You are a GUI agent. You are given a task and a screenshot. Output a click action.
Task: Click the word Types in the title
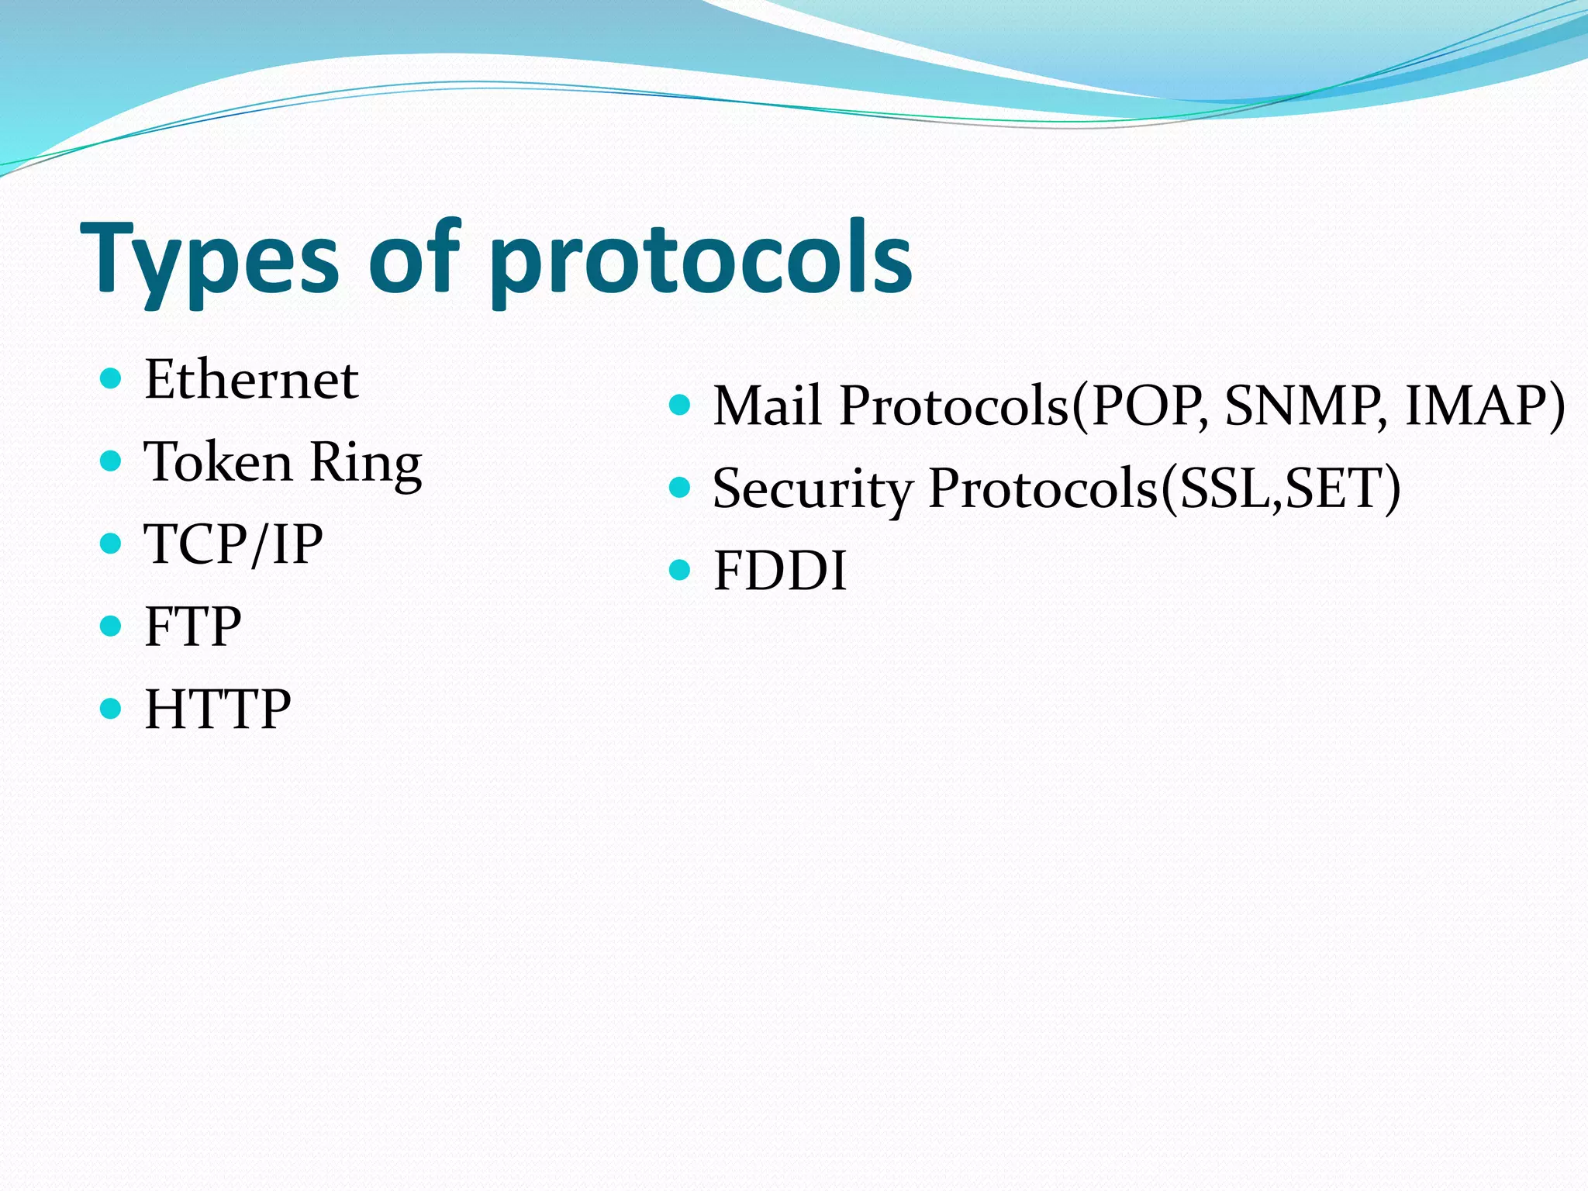click(209, 260)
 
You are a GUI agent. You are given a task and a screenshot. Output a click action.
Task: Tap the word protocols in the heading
click(701, 260)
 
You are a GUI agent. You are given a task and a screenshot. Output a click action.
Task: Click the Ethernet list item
click(251, 380)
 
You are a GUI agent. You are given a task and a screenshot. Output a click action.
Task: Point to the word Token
click(218, 462)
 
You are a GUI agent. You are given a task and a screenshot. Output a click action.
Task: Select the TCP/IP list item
click(233, 544)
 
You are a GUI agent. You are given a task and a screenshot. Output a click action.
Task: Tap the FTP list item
click(192, 627)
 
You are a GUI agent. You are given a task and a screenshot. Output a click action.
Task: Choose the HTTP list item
click(217, 709)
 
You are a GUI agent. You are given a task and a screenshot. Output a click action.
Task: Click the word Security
click(811, 489)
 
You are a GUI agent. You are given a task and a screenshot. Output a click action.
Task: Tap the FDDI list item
click(779, 571)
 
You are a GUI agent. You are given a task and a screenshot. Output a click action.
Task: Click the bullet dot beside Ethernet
click(112, 379)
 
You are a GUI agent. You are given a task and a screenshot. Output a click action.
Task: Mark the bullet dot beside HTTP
click(112, 709)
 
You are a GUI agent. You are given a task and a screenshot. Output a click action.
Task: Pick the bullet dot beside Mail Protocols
click(679, 405)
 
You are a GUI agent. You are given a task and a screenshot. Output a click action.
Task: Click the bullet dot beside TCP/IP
click(112, 544)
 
